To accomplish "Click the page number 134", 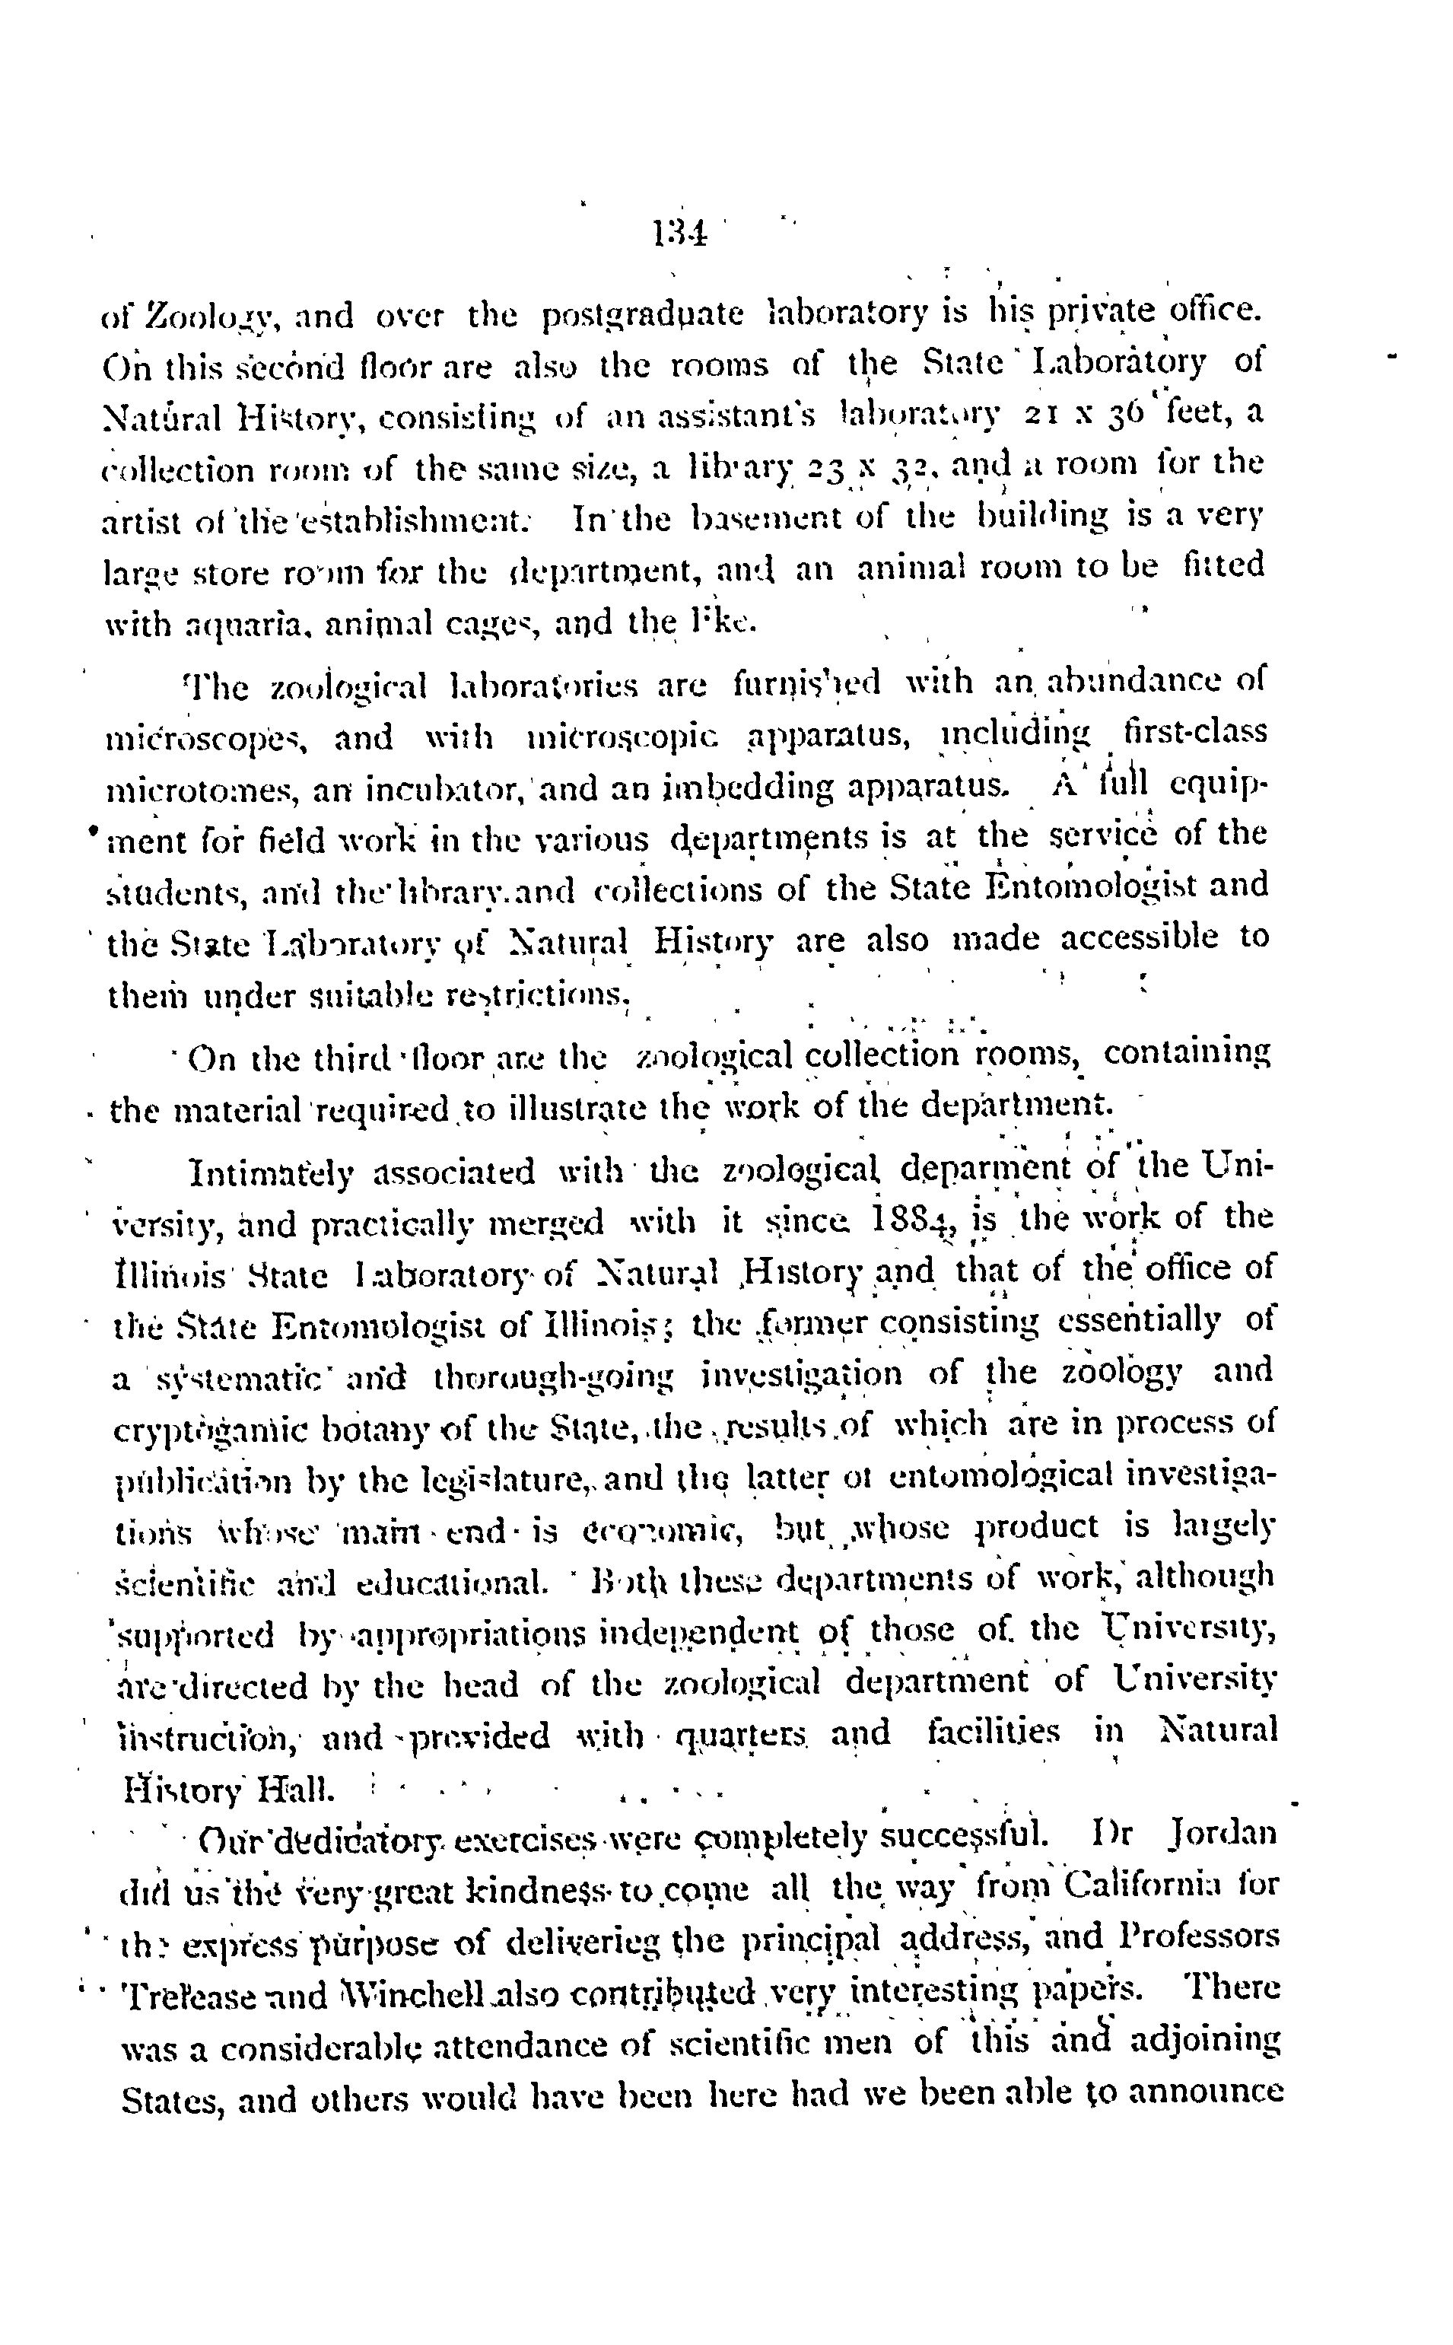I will click(679, 233).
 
